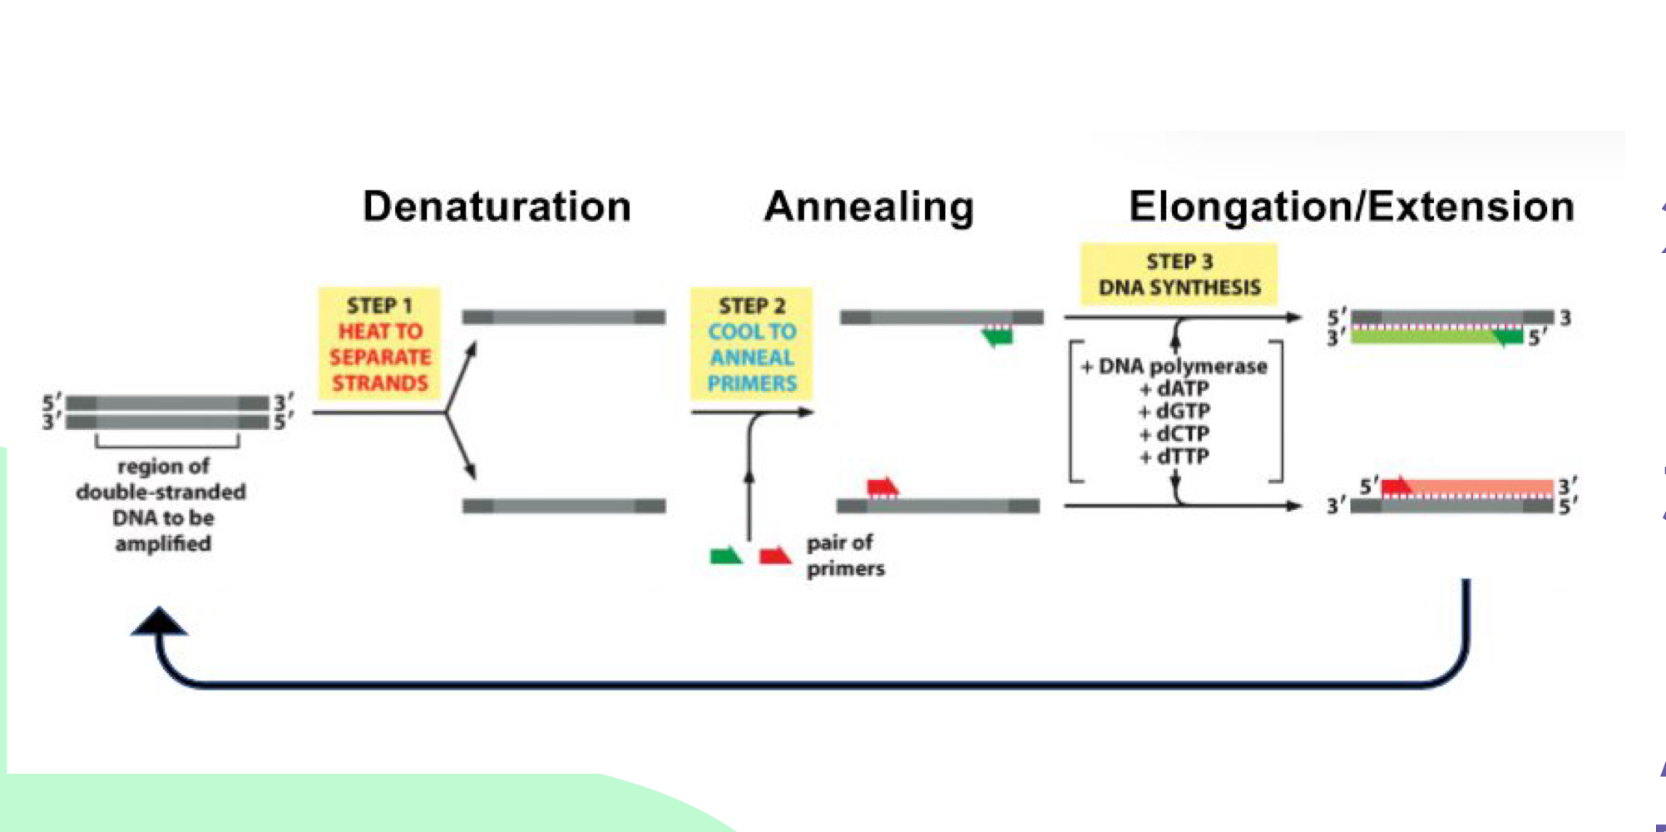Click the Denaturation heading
[497, 206]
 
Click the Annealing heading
[868, 206]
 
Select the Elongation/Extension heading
[1351, 206]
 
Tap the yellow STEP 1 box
[379, 344]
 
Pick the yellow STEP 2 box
[751, 344]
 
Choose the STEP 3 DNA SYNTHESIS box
[1179, 275]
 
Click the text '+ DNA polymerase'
[1174, 366]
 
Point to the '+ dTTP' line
[1174, 457]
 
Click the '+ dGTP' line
[1174, 411]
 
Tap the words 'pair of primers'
[843, 555]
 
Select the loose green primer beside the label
[725, 556]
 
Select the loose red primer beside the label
[775, 556]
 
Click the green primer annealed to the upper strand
[998, 336]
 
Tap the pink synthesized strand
[1481, 487]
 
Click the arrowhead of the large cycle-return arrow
[159, 622]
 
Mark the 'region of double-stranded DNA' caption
[162, 504]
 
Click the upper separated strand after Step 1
[563, 317]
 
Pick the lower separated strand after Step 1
[563, 506]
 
